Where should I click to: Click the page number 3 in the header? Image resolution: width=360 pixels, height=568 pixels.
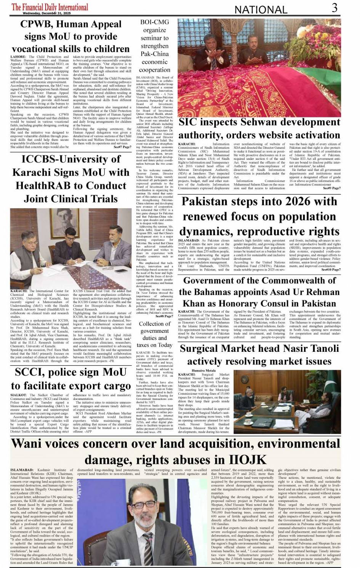pyautogui.click(x=334, y=8)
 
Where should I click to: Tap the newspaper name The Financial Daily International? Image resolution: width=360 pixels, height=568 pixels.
pyautogui.click(x=50, y=7)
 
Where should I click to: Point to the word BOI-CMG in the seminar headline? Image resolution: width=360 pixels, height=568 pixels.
pyautogui.click(x=154, y=22)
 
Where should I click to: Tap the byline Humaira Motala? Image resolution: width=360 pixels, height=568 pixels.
pyautogui.click(x=203, y=371)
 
